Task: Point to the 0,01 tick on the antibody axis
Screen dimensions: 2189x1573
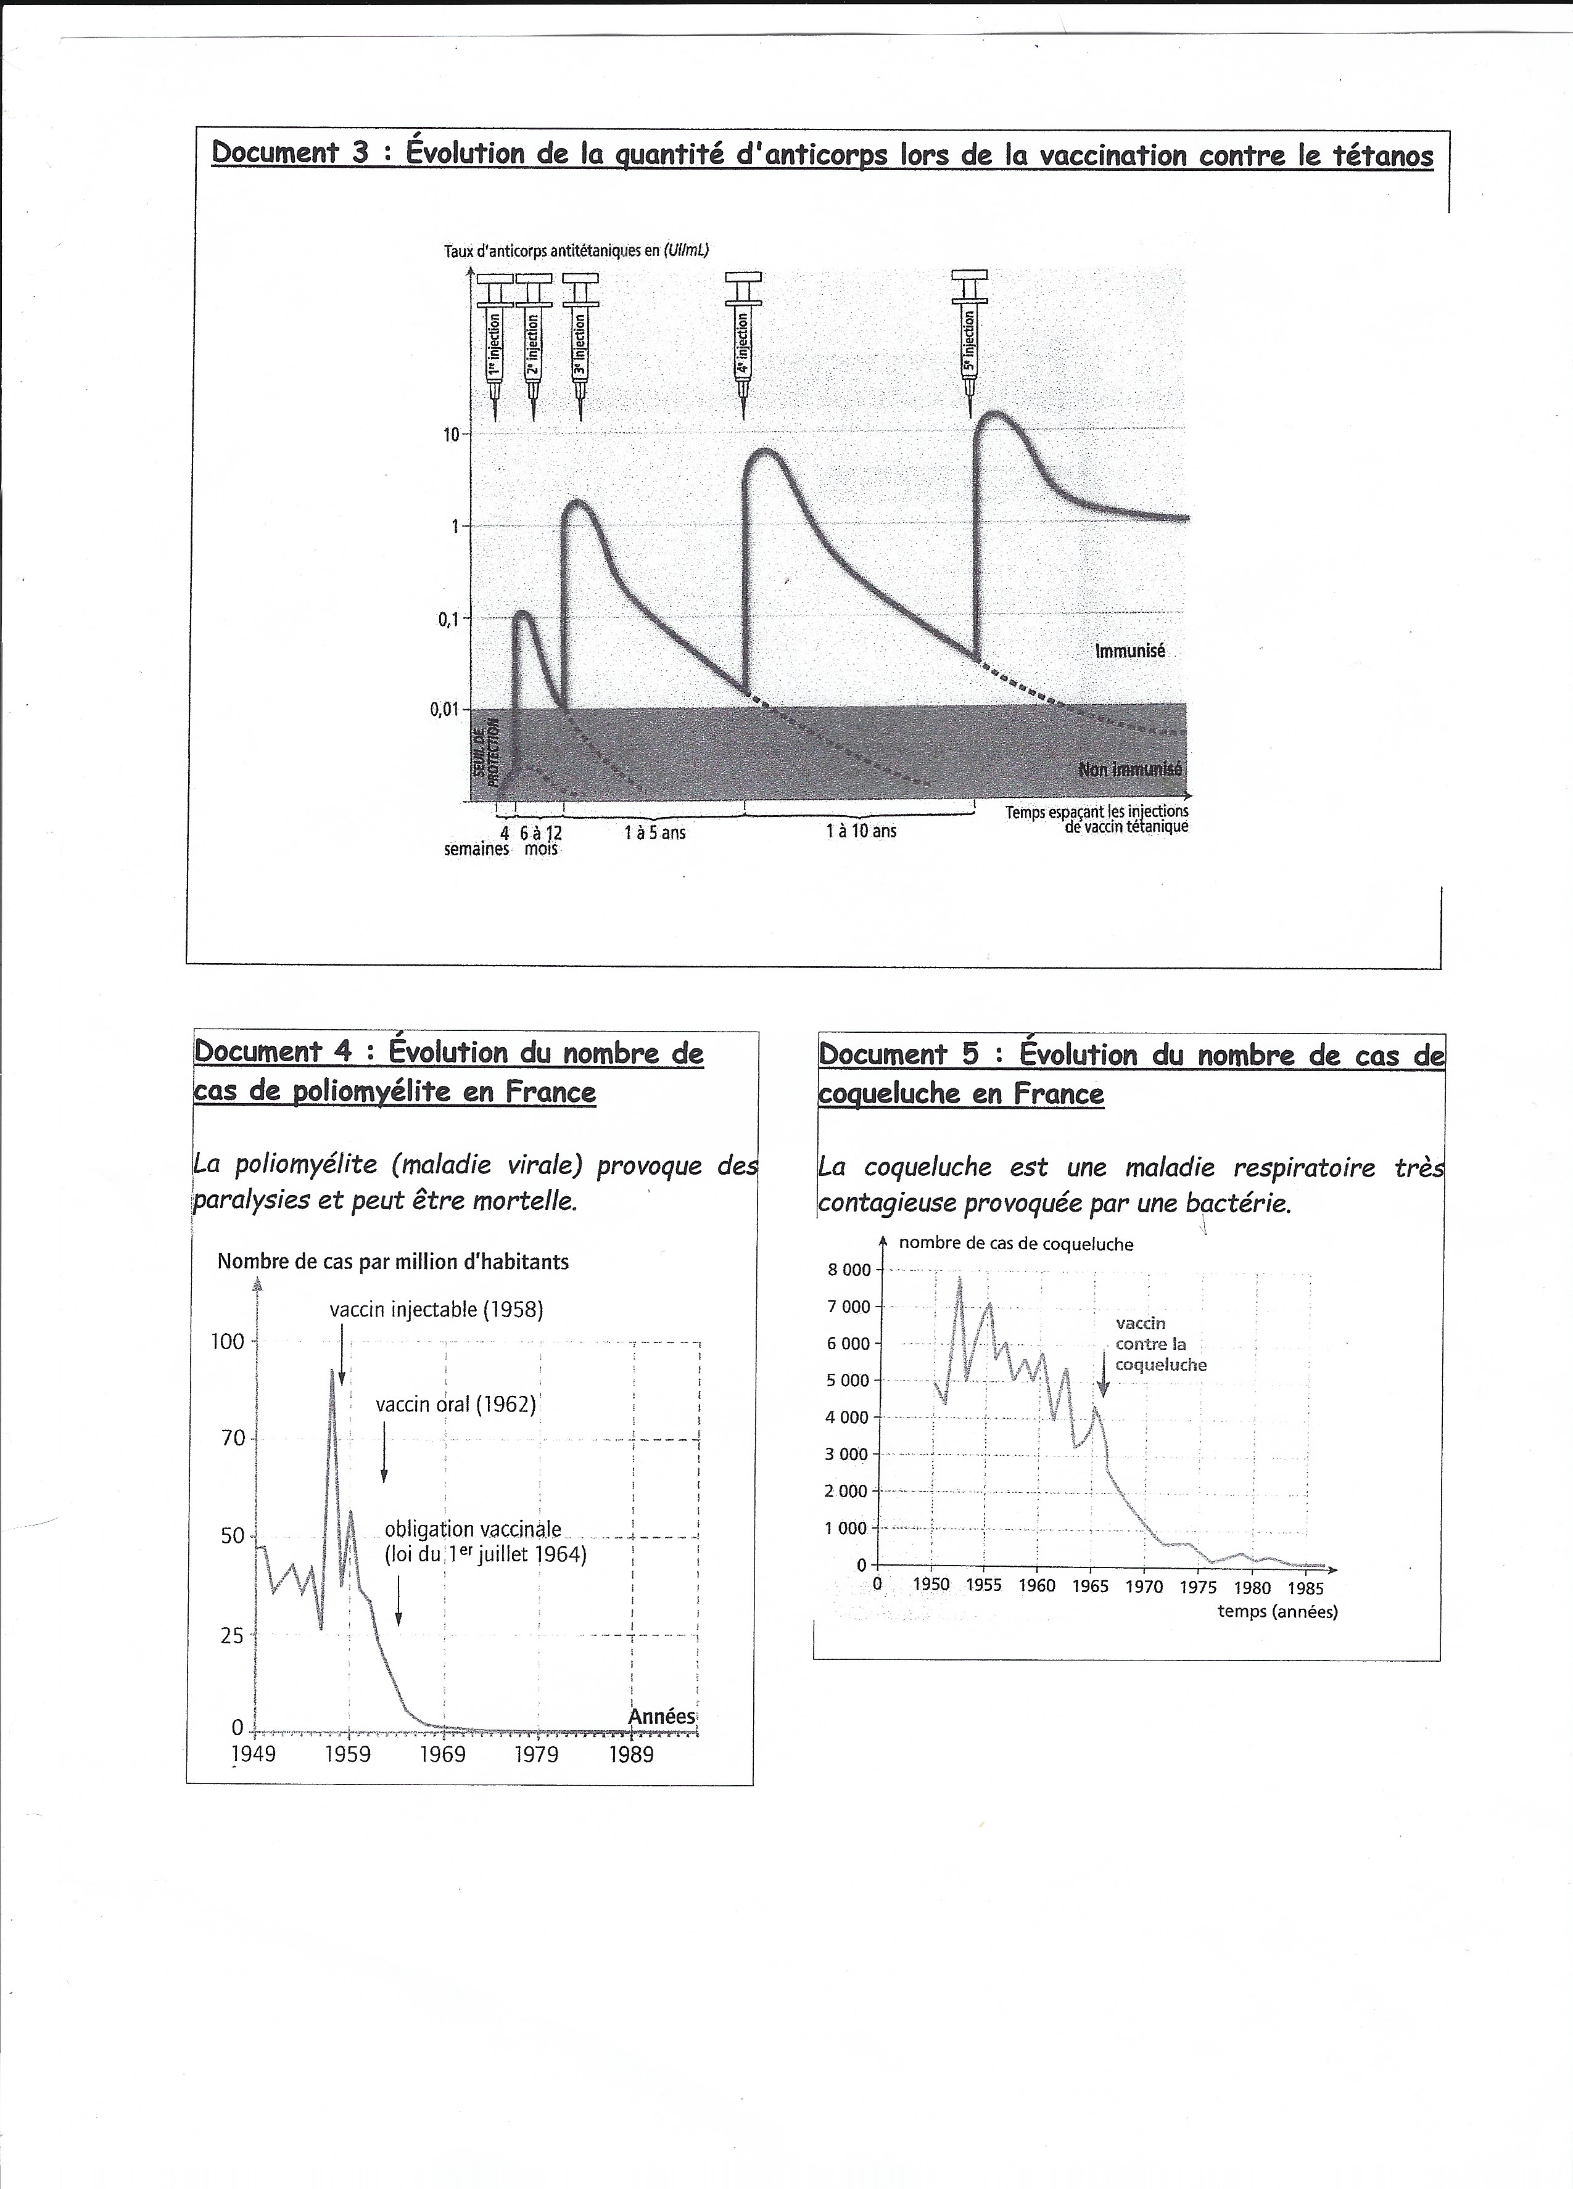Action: click(445, 709)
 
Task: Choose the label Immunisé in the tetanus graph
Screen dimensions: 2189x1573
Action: click(1129, 651)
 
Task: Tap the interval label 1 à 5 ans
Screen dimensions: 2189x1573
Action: click(654, 831)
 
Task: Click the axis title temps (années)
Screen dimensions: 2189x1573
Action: click(1278, 1611)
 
